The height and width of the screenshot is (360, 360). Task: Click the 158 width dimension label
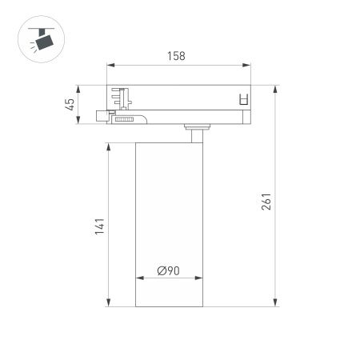pos(177,56)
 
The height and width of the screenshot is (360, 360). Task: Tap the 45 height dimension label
pos(70,103)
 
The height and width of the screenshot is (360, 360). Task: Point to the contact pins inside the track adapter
pos(121,96)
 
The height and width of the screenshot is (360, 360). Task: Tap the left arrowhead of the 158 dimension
pos(110,66)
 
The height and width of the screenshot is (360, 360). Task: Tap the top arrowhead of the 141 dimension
pos(108,146)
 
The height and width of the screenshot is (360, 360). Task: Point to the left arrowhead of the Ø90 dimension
pos(138,279)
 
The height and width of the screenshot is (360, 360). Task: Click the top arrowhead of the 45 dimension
pos(78,87)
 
